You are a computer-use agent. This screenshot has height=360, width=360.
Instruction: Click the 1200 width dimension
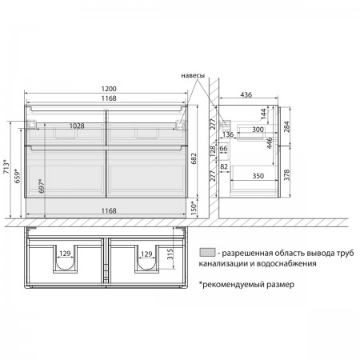(109, 89)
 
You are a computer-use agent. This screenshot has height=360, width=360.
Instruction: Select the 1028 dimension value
(77, 126)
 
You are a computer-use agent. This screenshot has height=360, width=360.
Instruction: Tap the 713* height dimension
(6, 166)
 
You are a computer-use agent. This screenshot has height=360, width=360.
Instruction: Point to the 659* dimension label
(17, 176)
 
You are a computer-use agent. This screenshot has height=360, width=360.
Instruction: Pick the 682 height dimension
(194, 158)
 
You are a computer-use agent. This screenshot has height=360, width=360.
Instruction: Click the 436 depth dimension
(246, 94)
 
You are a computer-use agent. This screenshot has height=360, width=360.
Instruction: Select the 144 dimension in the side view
(263, 114)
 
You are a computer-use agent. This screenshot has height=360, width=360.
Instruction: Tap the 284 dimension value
(286, 126)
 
